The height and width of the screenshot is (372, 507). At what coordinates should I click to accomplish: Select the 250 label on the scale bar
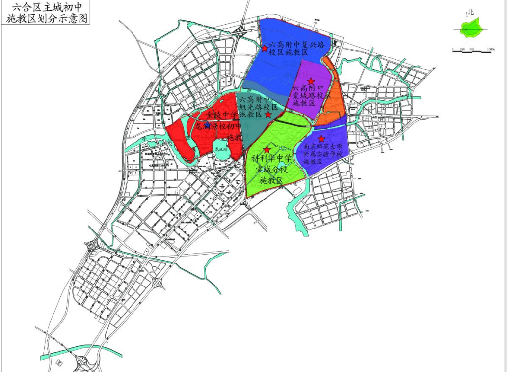tap(461, 50)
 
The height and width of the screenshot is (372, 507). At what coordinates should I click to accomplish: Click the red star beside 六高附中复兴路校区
tap(265, 48)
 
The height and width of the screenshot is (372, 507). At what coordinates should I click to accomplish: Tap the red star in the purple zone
tap(311, 81)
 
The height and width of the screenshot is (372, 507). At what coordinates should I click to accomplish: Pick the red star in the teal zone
tap(268, 114)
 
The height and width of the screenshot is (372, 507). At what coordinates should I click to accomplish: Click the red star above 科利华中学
tap(267, 149)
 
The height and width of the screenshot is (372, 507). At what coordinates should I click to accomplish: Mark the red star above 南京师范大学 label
tap(321, 139)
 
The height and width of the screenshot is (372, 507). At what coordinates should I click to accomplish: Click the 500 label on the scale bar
tap(471, 50)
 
